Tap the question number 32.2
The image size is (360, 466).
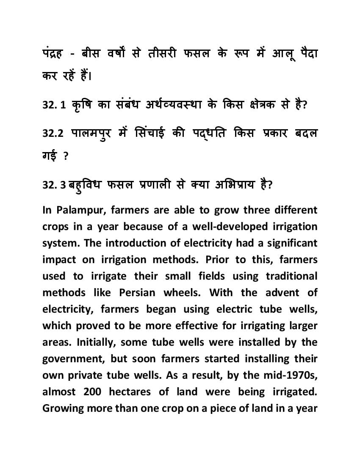pyautogui.click(x=53, y=133)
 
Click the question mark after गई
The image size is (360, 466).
pyautogui.click(x=66, y=156)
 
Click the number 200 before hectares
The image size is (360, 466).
pyautogui.click(x=92, y=392)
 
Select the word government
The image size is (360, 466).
pyautogui.click(x=74, y=359)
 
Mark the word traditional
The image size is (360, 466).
pyautogui.click(x=291, y=276)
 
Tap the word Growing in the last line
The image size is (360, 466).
pyautogui.click(x=63, y=409)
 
